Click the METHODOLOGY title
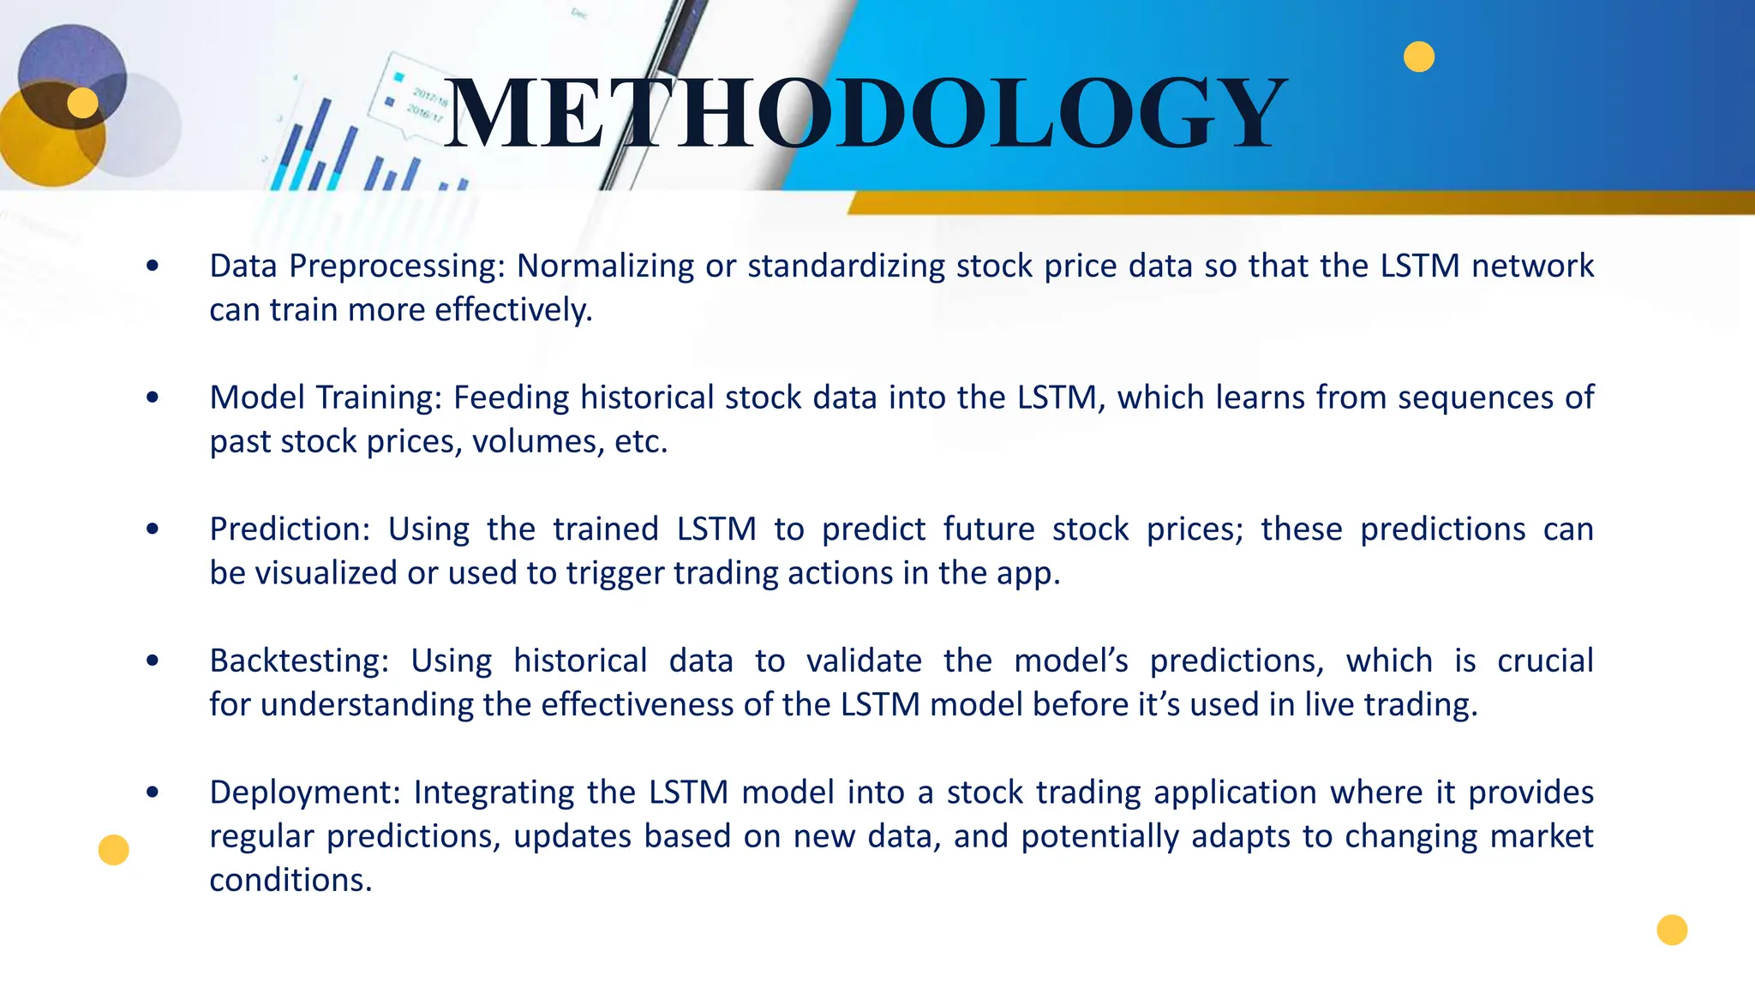pos(866,114)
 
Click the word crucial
pos(1545,661)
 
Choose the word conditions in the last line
pos(291,881)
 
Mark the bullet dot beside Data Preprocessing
pos(153,266)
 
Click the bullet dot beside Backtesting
pos(153,661)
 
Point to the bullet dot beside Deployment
pos(153,793)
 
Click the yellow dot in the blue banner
pos(1419,57)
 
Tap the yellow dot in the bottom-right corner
pos(1672,930)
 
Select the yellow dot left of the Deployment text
pos(113,850)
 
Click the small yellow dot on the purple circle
pos(83,103)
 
